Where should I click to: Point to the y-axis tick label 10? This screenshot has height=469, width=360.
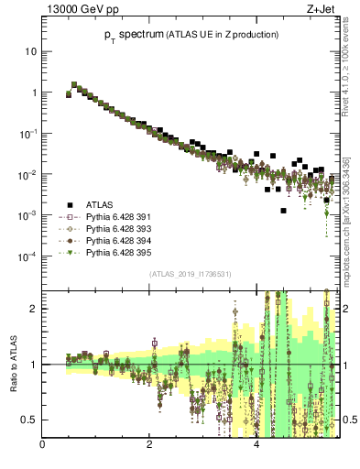[x=30, y=52]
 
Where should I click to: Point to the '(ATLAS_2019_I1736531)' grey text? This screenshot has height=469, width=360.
[x=191, y=275]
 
